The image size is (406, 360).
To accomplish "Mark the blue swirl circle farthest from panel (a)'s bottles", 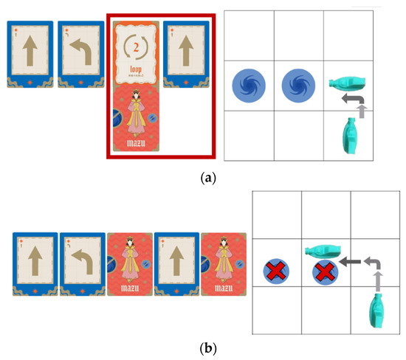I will point(246,83).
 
